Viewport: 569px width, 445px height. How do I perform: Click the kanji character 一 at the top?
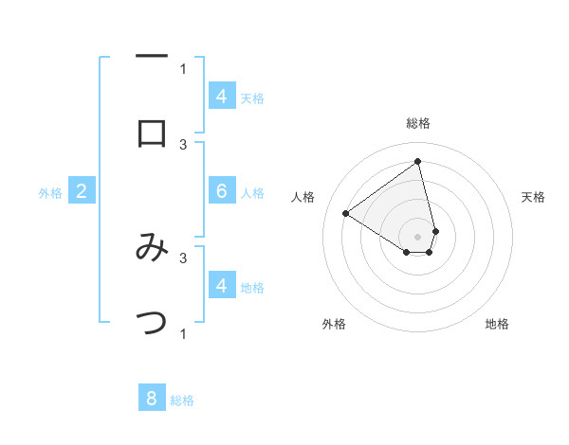coord(152,58)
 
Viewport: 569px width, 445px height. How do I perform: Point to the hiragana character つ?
coord(152,323)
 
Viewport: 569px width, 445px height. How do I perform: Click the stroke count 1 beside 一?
coord(183,68)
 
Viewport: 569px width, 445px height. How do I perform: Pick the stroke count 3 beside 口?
coord(183,144)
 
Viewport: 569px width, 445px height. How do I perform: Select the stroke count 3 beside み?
coord(183,257)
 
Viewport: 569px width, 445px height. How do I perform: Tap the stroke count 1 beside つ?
coord(183,333)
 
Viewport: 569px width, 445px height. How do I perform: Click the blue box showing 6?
coord(222,191)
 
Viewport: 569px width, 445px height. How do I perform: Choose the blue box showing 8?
coord(152,399)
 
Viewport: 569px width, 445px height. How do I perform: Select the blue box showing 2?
coord(82,191)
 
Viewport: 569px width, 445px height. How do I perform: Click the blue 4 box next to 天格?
coord(222,97)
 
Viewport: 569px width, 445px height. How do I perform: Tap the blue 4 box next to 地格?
coord(222,285)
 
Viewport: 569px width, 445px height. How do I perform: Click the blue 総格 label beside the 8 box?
coord(182,400)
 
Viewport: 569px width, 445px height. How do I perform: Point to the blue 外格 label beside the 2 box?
coord(50,193)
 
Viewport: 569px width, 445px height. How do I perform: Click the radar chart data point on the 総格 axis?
coord(417,161)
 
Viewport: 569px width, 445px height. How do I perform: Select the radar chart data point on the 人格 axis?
coord(346,213)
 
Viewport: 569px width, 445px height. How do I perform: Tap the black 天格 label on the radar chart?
coord(534,197)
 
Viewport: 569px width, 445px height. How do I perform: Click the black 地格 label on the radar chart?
coord(497,324)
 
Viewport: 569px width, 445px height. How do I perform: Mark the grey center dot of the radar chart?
coord(417,236)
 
